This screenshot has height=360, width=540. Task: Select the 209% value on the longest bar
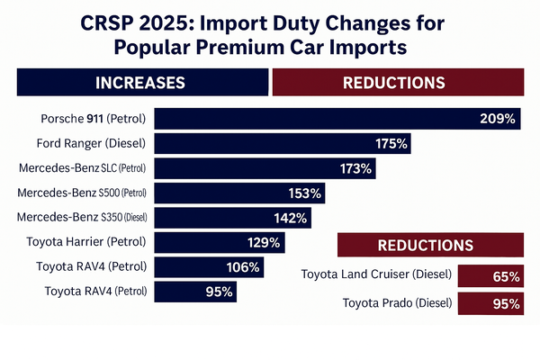[x=497, y=119]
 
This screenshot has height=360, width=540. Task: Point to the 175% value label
[x=391, y=143]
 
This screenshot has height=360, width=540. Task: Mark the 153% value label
[x=304, y=193]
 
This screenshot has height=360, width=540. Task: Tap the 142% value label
[x=290, y=218]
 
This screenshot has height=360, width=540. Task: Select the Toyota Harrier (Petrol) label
[x=91, y=242]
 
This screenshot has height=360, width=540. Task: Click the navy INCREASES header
[x=143, y=82]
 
